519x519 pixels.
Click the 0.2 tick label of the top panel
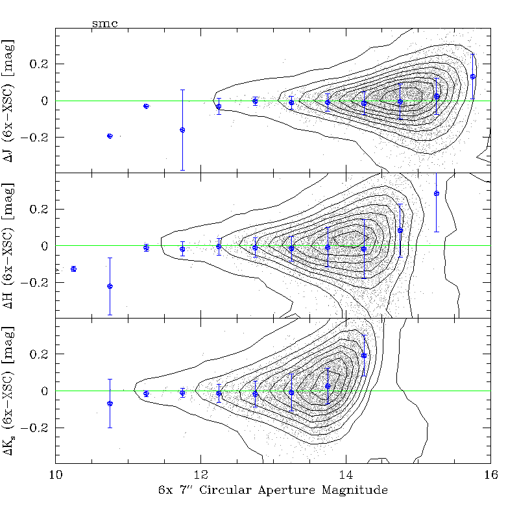pos(40,64)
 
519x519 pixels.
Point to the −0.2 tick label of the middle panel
pos(36,282)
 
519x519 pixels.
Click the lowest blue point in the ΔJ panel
pos(110,136)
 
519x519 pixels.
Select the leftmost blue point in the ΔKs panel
pos(110,404)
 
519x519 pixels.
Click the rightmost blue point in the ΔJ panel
pos(473,77)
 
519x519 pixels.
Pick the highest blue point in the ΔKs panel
pos(364,356)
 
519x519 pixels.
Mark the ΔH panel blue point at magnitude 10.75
pos(110,286)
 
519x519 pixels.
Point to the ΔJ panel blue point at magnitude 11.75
pos(182,130)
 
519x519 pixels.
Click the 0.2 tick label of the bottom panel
pos(40,355)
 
